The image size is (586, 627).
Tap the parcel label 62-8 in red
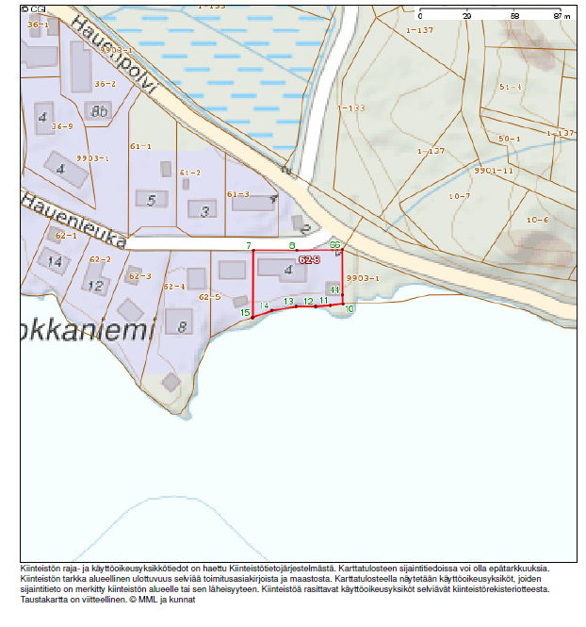pyautogui.click(x=310, y=258)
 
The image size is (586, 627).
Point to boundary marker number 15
pyautogui.click(x=245, y=312)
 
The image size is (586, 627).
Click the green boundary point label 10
pyautogui.click(x=350, y=309)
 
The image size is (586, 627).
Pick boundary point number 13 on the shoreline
pyautogui.click(x=289, y=301)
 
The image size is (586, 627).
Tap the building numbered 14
pyautogui.click(x=56, y=261)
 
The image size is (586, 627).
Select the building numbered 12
pyautogui.click(x=95, y=285)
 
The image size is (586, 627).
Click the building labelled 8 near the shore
pyautogui.click(x=180, y=327)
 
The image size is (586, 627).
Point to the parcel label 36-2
pyautogui.click(x=105, y=84)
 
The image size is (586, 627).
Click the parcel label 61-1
pyautogui.click(x=141, y=146)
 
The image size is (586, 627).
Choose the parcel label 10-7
pyautogui.click(x=460, y=196)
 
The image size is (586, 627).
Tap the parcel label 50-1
pyautogui.click(x=510, y=139)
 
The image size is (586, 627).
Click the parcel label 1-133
pyautogui.click(x=351, y=107)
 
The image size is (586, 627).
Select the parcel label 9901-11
pyautogui.click(x=494, y=171)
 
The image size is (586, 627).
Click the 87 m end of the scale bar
pyautogui.click(x=558, y=17)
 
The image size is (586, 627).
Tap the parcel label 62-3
pyautogui.click(x=140, y=276)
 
